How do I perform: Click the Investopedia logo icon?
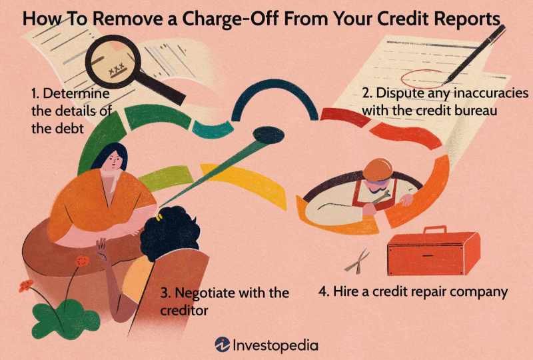(223, 344)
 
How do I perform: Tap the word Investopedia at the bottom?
(275, 345)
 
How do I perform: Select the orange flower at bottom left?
(26, 286)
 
